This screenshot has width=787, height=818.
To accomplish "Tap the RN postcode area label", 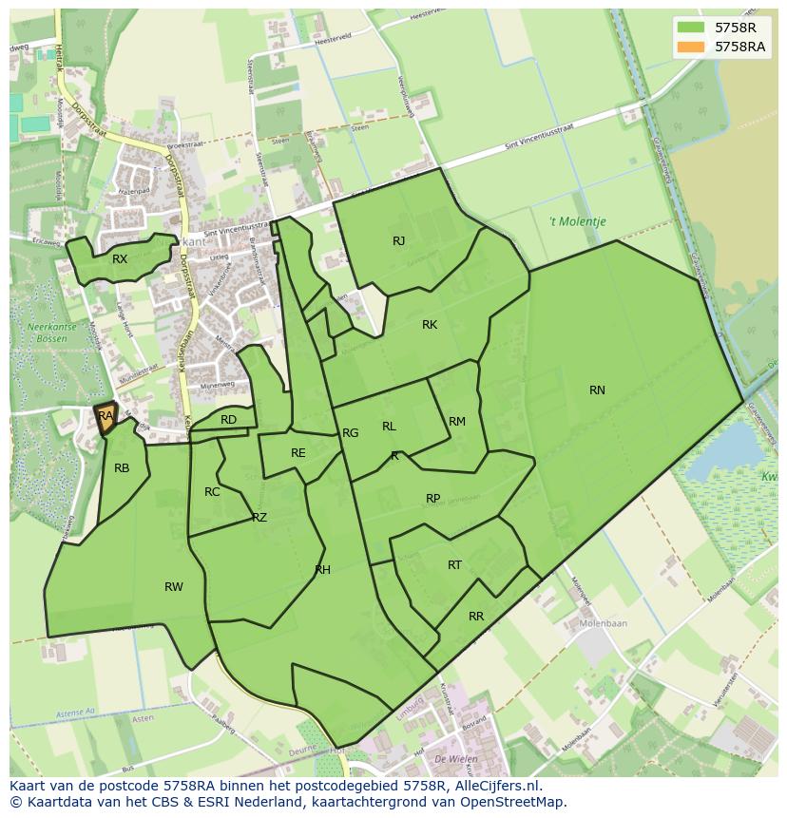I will [x=597, y=390].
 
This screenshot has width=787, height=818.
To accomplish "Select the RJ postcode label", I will [x=398, y=241].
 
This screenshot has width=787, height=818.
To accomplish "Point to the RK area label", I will [x=430, y=325].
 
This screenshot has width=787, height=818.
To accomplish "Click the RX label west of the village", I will [x=120, y=259].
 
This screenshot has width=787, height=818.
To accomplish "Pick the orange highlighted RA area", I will [x=106, y=417].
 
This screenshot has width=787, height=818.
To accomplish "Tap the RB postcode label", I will [x=122, y=468].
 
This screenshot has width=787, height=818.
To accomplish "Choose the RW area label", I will [x=173, y=587].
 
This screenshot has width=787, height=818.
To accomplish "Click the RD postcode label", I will [x=228, y=420].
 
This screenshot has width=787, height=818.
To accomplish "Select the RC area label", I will [x=212, y=492].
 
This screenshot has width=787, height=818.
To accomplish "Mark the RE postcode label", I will [x=298, y=453].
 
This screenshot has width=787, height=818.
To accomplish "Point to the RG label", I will [x=351, y=433].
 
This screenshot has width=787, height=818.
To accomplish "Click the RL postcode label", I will [x=389, y=427].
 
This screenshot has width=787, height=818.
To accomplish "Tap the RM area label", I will [x=457, y=422].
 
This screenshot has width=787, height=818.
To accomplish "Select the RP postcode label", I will [x=432, y=499].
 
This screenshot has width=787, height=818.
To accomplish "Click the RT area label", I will [x=454, y=565].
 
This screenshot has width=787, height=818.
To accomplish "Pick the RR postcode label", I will [x=476, y=617].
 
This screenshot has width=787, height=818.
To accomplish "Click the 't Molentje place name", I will [x=577, y=222].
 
